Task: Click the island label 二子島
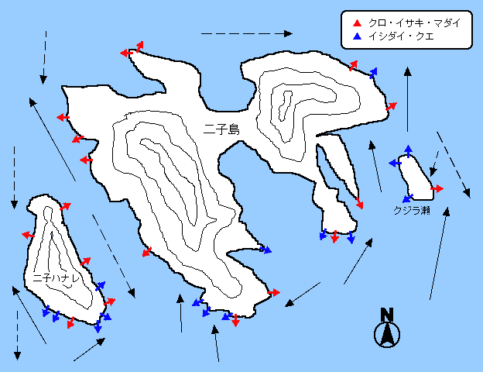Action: click(221, 130)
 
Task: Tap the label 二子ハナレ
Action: click(57, 278)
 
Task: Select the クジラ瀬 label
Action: click(412, 211)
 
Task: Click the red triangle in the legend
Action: click(357, 23)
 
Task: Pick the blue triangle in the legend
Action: click(357, 36)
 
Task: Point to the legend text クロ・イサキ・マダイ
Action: click(414, 23)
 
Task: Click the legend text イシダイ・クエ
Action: click(401, 36)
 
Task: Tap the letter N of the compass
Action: click(387, 315)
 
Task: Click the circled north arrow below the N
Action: click(387, 335)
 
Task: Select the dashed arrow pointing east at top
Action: click(247, 33)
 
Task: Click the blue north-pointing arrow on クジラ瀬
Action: click(408, 151)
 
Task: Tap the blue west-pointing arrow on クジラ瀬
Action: click(395, 163)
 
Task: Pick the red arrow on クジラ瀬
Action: click(437, 188)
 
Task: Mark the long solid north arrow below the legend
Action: click(408, 99)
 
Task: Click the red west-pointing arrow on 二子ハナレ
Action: click(29, 236)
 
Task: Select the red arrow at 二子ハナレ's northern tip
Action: click(65, 206)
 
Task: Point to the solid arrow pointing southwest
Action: click(303, 294)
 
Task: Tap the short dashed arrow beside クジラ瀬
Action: click(434, 164)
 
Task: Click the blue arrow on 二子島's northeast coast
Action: click(373, 73)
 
